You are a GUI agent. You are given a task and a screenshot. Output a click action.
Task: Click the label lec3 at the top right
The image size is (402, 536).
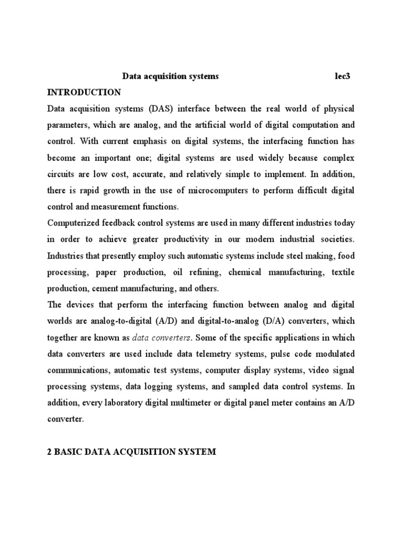[342, 76]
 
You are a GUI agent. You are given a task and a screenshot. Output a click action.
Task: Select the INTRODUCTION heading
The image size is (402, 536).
[84, 93]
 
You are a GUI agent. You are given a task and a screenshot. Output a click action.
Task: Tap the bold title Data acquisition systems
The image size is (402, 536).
[171, 76]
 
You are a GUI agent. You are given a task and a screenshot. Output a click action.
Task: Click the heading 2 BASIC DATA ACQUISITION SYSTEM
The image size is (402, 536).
[131, 452]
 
